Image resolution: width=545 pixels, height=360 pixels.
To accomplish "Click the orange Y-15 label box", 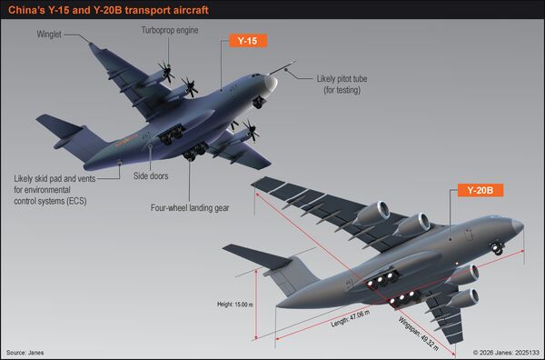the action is tap(248, 41).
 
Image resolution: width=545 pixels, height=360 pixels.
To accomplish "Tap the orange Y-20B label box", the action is tap(480, 190).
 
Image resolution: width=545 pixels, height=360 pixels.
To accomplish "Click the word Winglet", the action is tap(49, 35).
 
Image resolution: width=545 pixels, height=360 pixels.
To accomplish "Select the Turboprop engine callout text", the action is tap(170, 30).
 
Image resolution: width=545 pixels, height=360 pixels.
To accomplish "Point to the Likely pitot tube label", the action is tap(342, 85).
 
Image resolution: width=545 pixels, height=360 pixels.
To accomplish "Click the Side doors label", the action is tap(151, 176).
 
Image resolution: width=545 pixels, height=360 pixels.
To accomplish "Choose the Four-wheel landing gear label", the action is tap(190, 208).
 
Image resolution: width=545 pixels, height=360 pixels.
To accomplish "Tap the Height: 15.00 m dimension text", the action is tap(235, 305).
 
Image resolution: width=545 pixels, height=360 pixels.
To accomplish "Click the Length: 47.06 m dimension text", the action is tap(351, 318).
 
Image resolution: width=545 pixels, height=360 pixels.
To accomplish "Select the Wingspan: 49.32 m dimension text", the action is tap(419, 334).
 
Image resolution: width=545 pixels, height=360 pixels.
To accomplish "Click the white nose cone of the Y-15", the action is tap(271, 84).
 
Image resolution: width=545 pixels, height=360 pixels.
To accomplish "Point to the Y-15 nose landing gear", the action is tap(259, 102).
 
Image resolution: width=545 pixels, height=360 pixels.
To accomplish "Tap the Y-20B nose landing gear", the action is tap(498, 248).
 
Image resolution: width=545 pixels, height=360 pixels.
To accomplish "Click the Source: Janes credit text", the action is tap(25, 353).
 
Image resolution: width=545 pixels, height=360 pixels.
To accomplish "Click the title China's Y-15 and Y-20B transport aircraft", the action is tap(108, 10).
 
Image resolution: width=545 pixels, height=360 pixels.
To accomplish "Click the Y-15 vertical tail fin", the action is tap(84, 143).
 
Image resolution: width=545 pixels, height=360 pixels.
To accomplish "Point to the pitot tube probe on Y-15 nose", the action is tap(282, 68).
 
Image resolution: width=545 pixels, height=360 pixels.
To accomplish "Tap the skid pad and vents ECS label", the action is tap(54, 190).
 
